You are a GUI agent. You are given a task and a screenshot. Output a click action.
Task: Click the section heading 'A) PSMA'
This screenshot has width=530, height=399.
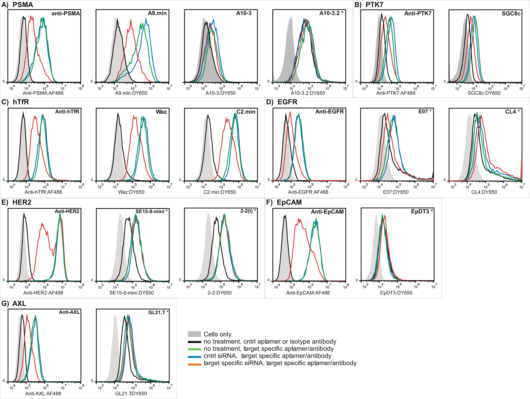coord(17,5)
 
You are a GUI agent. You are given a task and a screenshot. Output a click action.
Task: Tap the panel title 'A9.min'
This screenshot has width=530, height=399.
coord(157,13)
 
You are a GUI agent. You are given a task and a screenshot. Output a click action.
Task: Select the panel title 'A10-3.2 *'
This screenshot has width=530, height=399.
coord(331,13)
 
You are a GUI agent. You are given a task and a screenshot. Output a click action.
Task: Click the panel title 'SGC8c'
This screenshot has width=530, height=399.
coord(511,14)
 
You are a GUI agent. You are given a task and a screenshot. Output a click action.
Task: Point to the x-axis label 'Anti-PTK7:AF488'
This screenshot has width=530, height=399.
coord(396,93)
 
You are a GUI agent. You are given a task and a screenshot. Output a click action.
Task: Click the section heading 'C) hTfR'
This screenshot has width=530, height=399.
coord(15,102)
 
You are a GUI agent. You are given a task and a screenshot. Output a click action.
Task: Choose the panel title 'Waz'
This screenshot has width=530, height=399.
coord(161,112)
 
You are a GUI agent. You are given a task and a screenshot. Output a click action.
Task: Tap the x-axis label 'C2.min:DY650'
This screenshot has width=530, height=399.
coord(219,192)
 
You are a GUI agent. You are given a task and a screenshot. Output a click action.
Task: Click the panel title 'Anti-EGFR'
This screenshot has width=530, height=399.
coord(329,112)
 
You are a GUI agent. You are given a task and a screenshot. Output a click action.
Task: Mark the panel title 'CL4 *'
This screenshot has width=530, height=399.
coord(512,112)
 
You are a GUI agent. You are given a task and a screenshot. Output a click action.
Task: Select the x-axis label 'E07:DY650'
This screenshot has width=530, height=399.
coord(396,192)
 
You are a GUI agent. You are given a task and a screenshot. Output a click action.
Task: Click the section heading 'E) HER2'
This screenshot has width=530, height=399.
coord(16,202)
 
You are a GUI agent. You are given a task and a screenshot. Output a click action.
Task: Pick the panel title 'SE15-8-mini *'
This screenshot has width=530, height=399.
coord(151,211)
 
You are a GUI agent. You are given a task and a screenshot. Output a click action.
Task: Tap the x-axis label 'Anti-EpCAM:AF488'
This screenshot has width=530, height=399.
coord(308,293)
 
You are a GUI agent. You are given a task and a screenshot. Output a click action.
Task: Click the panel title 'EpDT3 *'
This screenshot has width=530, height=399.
coord(422,211)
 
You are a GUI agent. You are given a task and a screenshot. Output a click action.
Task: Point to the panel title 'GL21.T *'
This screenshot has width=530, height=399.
coord(158,312)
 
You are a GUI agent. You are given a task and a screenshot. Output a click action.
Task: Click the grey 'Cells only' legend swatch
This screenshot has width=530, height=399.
coord(194,334)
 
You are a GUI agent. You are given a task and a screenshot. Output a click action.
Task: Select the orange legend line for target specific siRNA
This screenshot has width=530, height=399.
coord(194,365)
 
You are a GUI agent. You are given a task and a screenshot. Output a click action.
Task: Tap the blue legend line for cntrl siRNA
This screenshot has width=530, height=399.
coord(194,357)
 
